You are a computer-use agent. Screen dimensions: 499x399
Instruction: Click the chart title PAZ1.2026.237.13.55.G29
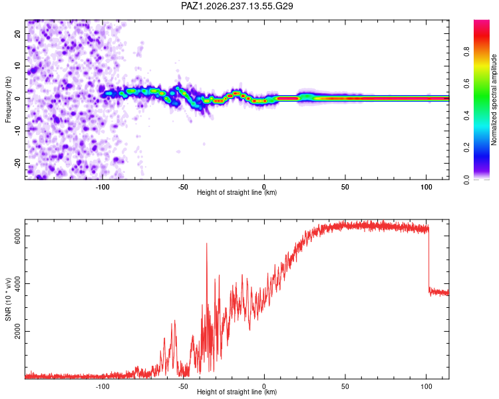(x=237, y=6)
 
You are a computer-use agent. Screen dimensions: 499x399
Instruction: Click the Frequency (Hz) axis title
(x=8, y=100)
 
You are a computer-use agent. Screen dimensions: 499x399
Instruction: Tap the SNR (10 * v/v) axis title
(x=8, y=299)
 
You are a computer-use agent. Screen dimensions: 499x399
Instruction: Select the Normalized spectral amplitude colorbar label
(x=494, y=100)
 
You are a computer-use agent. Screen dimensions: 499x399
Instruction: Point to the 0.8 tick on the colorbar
(x=466, y=52)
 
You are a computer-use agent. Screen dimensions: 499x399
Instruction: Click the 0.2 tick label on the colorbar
(x=466, y=148)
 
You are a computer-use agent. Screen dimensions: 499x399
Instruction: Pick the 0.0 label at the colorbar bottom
(x=466, y=180)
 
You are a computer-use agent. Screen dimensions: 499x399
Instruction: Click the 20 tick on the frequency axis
(x=17, y=34)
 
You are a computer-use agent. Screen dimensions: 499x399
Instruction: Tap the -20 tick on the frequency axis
(x=17, y=163)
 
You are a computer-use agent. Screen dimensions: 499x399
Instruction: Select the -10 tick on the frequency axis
(x=17, y=131)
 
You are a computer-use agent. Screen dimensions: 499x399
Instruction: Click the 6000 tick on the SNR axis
(x=17, y=236)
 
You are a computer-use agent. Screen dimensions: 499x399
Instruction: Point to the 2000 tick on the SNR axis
(x=17, y=331)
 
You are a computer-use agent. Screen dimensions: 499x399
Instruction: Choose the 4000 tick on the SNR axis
(x=17, y=283)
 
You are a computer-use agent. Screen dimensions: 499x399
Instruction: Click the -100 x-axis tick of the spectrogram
(x=102, y=187)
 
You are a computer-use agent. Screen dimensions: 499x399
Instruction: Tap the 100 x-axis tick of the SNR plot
(x=426, y=386)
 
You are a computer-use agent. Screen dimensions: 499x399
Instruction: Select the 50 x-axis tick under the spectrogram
(x=345, y=187)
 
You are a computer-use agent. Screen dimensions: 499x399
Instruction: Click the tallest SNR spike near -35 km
(x=207, y=244)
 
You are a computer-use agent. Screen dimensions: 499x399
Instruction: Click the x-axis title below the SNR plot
(x=237, y=392)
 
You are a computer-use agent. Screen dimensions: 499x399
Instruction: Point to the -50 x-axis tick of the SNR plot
(x=183, y=386)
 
